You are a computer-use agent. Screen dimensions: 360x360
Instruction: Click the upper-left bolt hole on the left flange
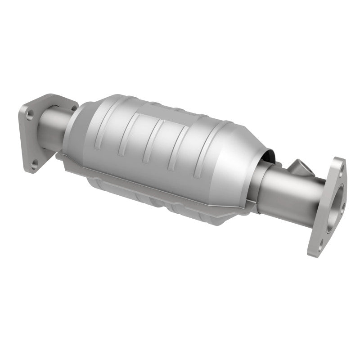coord(29,117)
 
